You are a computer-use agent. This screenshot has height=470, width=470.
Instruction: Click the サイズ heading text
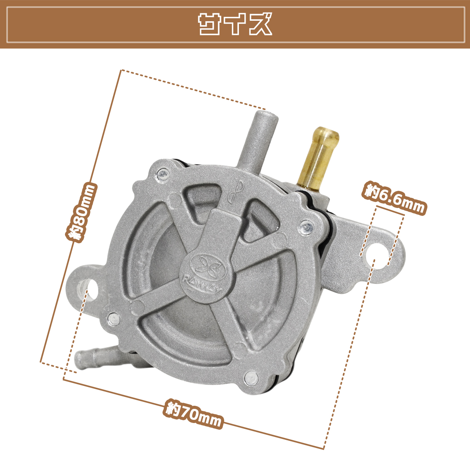coord(235,24)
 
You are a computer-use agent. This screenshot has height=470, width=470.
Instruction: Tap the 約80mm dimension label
coord(81,213)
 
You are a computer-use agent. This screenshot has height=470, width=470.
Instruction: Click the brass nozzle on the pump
coord(319,158)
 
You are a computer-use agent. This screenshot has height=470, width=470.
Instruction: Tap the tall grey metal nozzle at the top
coord(258,140)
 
